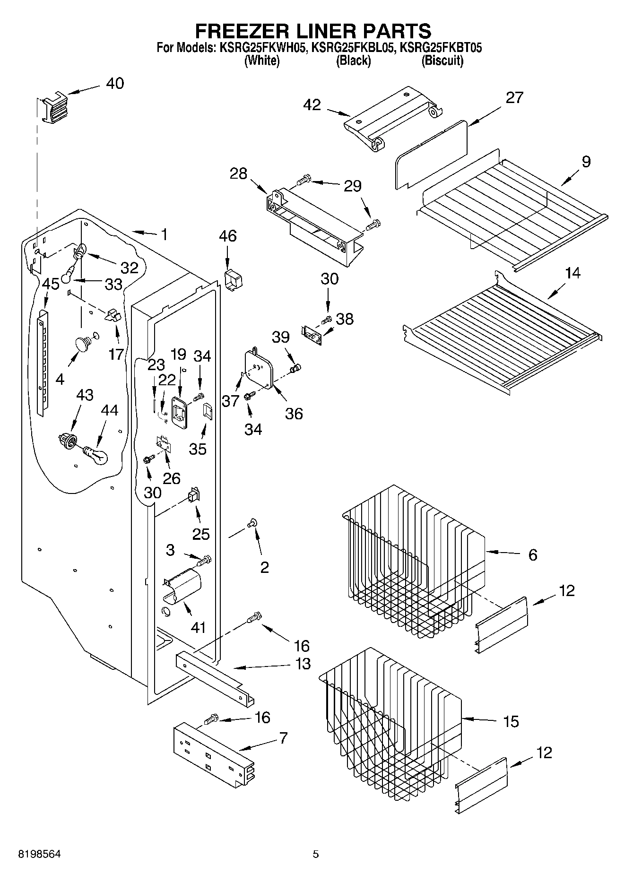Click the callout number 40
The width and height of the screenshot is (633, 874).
pos(114,83)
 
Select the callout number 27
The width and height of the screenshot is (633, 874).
pos(514,97)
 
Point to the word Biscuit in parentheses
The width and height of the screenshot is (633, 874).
pos(442,61)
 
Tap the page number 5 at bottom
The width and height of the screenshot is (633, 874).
pos(316,854)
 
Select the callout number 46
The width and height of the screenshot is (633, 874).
pos(227,235)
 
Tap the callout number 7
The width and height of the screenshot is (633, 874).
pos(283,738)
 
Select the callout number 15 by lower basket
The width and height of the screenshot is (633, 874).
pos(511,721)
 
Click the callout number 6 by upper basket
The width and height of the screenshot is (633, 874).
pos(532,554)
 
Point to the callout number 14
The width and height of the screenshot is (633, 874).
pos(572,273)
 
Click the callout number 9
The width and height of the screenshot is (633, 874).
pos(586,162)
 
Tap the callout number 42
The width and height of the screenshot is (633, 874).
pos(313,104)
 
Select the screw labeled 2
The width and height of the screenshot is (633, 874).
pos(252,522)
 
